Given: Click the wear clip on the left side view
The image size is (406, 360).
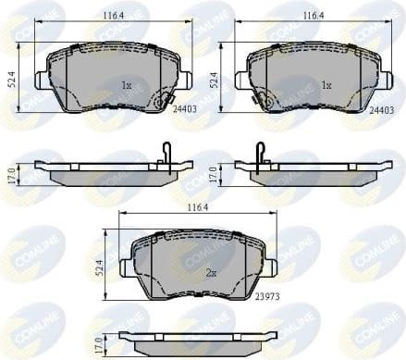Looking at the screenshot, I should pos(166,153).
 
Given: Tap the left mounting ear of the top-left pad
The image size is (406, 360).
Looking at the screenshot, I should pos(40,80).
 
